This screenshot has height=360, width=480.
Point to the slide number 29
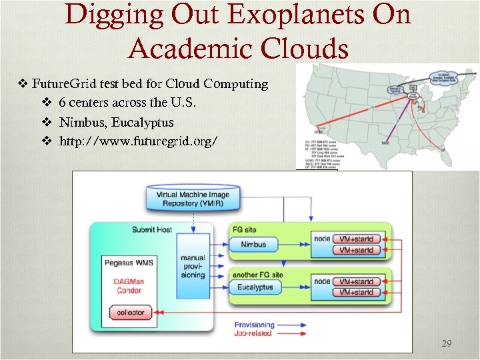click(x=447, y=343)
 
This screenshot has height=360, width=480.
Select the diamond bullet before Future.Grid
click(x=21, y=84)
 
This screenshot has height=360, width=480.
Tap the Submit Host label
click(x=151, y=229)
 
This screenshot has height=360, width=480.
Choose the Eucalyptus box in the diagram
click(x=258, y=288)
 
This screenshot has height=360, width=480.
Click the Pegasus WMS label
click(x=129, y=263)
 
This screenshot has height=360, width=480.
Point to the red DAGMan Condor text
click(x=129, y=286)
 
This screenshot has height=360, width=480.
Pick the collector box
click(x=130, y=313)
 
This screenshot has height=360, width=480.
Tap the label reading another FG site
click(x=257, y=274)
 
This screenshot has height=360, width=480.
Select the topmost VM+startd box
click(x=356, y=239)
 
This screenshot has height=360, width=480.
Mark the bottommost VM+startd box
click(x=356, y=292)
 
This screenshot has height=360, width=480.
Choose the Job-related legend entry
click(x=253, y=333)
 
